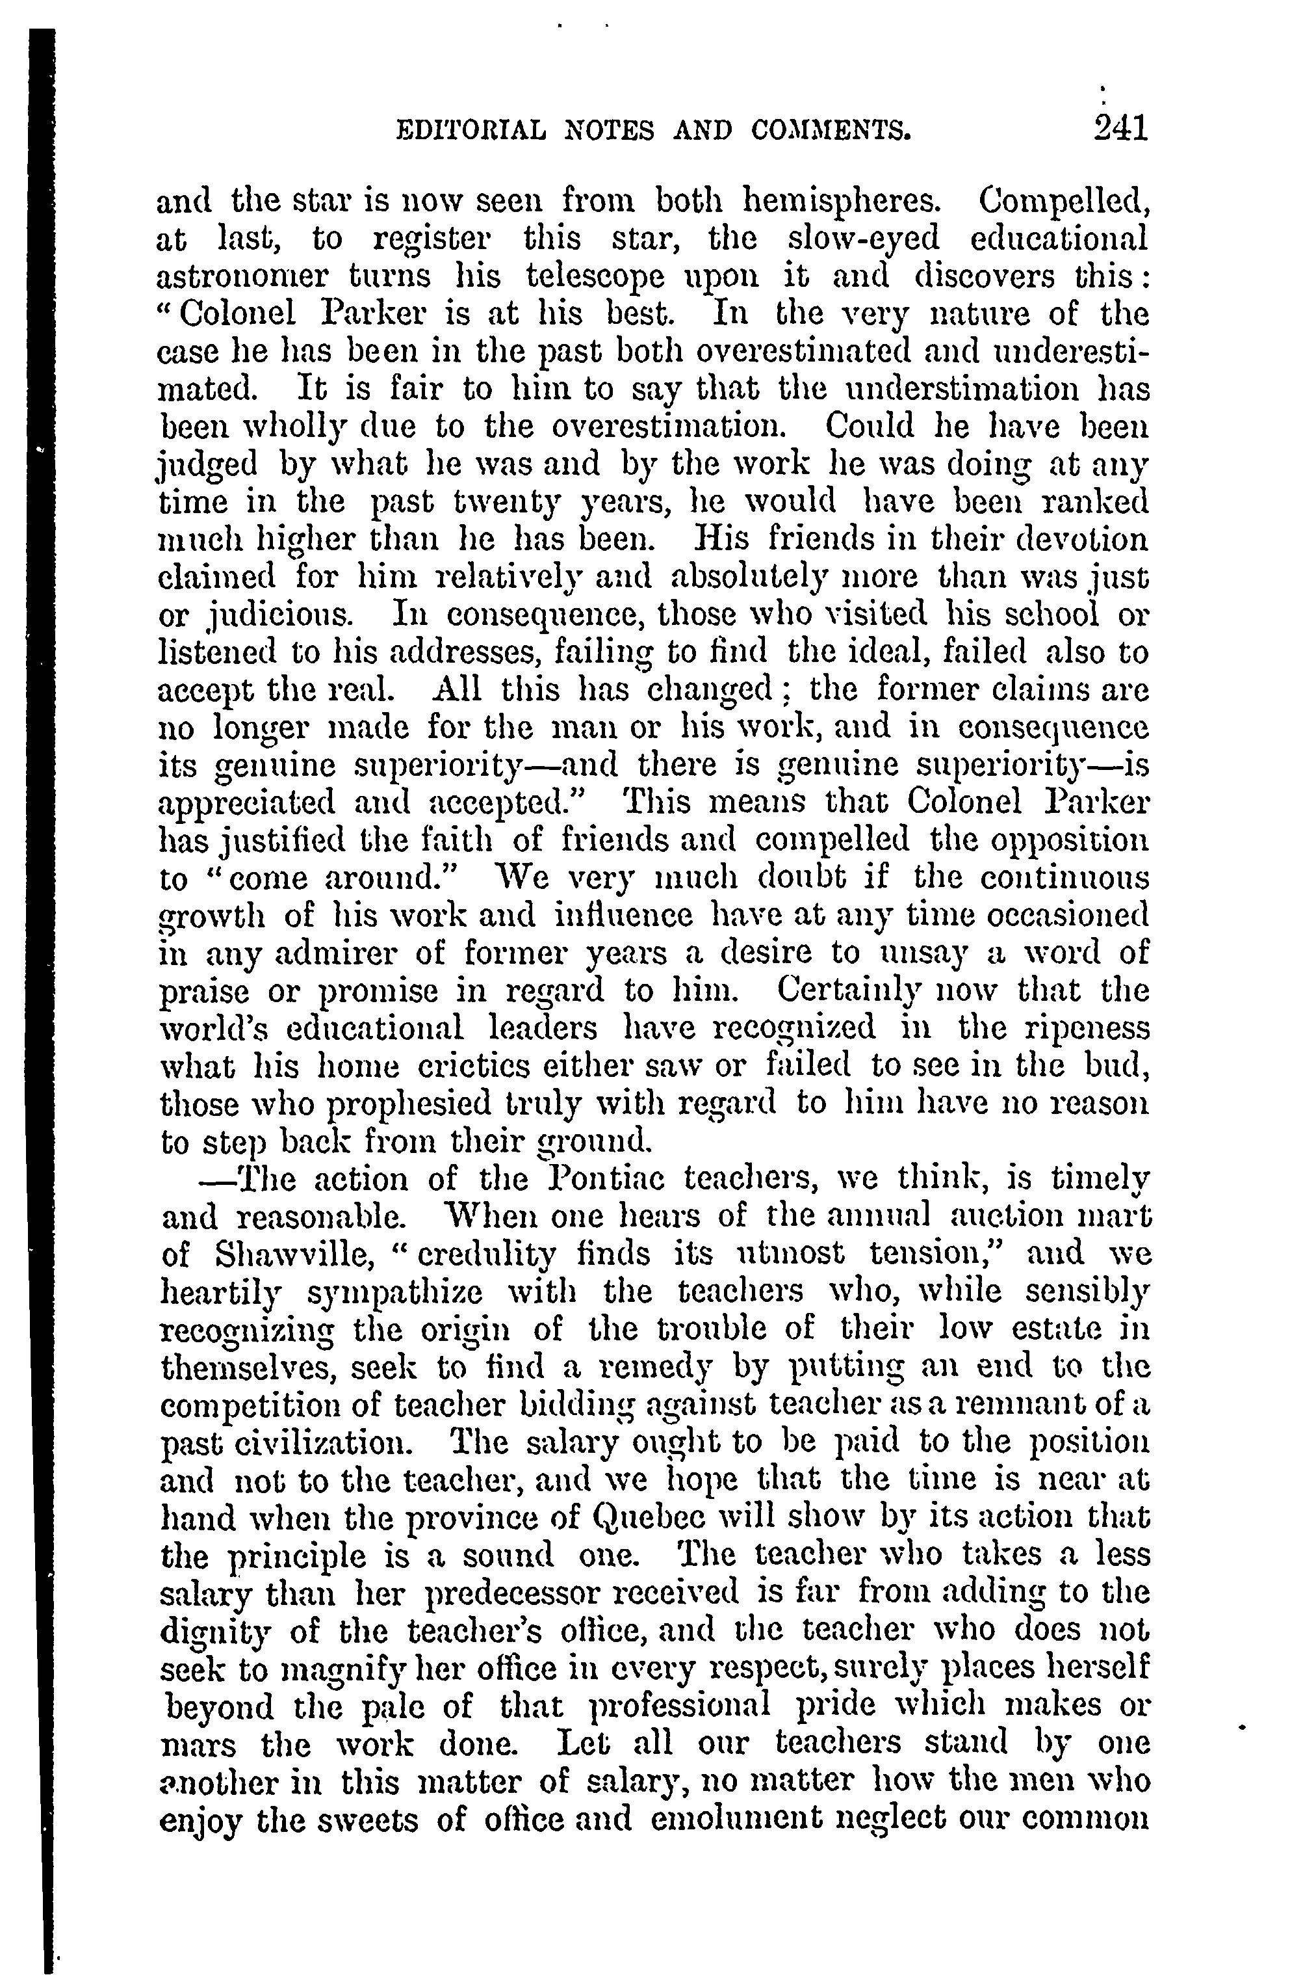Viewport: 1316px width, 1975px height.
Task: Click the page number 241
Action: [x=1120, y=129]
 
